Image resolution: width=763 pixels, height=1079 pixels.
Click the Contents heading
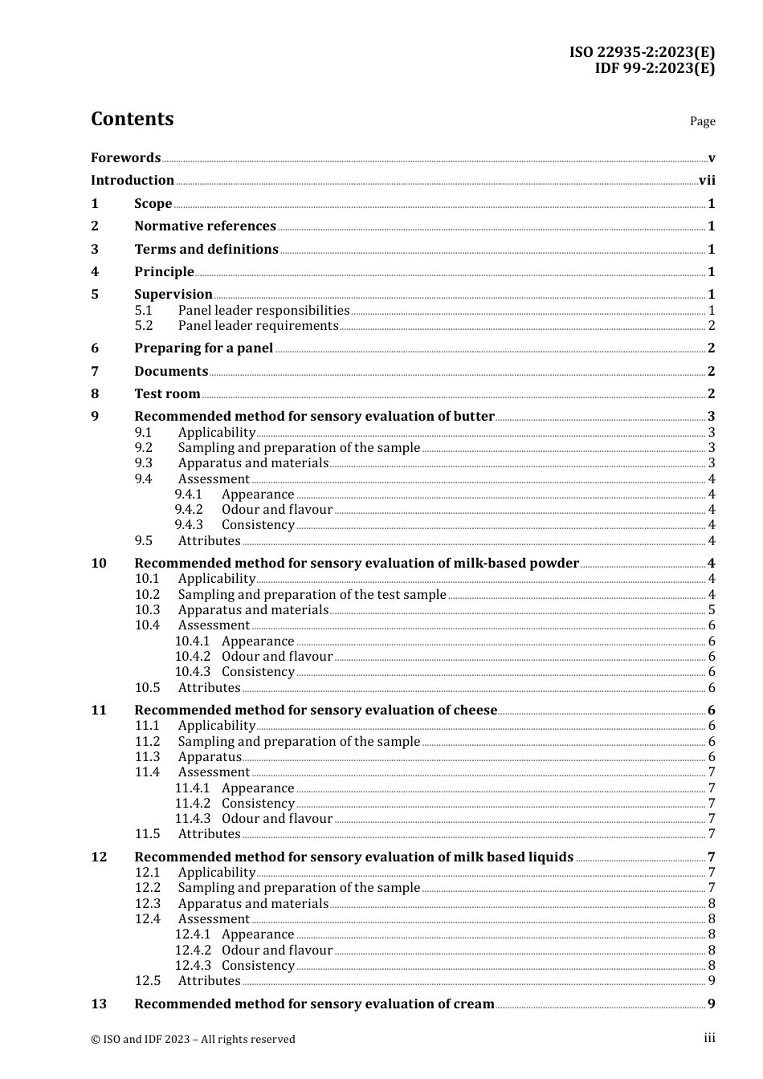pos(132,119)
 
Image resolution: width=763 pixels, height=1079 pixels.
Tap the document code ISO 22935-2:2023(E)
pos(642,52)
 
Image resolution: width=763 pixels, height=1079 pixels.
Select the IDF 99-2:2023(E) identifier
pos(654,68)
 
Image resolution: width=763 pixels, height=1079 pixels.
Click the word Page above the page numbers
pos(702,121)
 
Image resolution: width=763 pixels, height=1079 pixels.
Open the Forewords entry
pos(125,157)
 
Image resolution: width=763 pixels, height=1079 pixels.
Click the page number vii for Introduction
pos(707,181)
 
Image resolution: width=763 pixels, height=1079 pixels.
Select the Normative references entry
pos(205,226)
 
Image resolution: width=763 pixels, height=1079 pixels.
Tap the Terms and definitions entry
pos(206,249)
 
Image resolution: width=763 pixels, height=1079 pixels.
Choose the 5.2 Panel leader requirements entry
pos(258,326)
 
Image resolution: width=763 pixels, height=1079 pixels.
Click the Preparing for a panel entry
pos(203,348)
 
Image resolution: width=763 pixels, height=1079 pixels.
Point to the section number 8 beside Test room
pos(95,394)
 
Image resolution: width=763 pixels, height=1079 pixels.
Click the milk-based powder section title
pos(357,564)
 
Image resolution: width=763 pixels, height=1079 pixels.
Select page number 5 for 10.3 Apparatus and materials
pos(712,610)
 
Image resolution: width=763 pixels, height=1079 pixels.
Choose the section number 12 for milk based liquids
pos(99,857)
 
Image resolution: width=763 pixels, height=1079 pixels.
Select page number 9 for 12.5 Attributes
pos(712,981)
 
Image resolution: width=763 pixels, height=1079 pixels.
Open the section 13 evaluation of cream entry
pos(314,1004)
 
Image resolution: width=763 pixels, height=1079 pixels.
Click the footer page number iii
pos(709,1038)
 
